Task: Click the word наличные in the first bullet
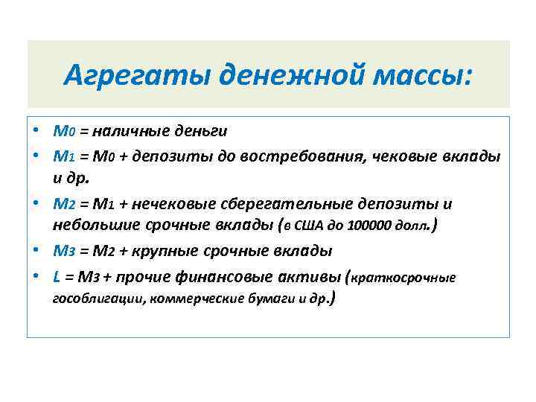point(133,131)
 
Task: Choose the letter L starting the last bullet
point(57,276)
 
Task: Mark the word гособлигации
point(92,300)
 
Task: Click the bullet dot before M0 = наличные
point(36,132)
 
